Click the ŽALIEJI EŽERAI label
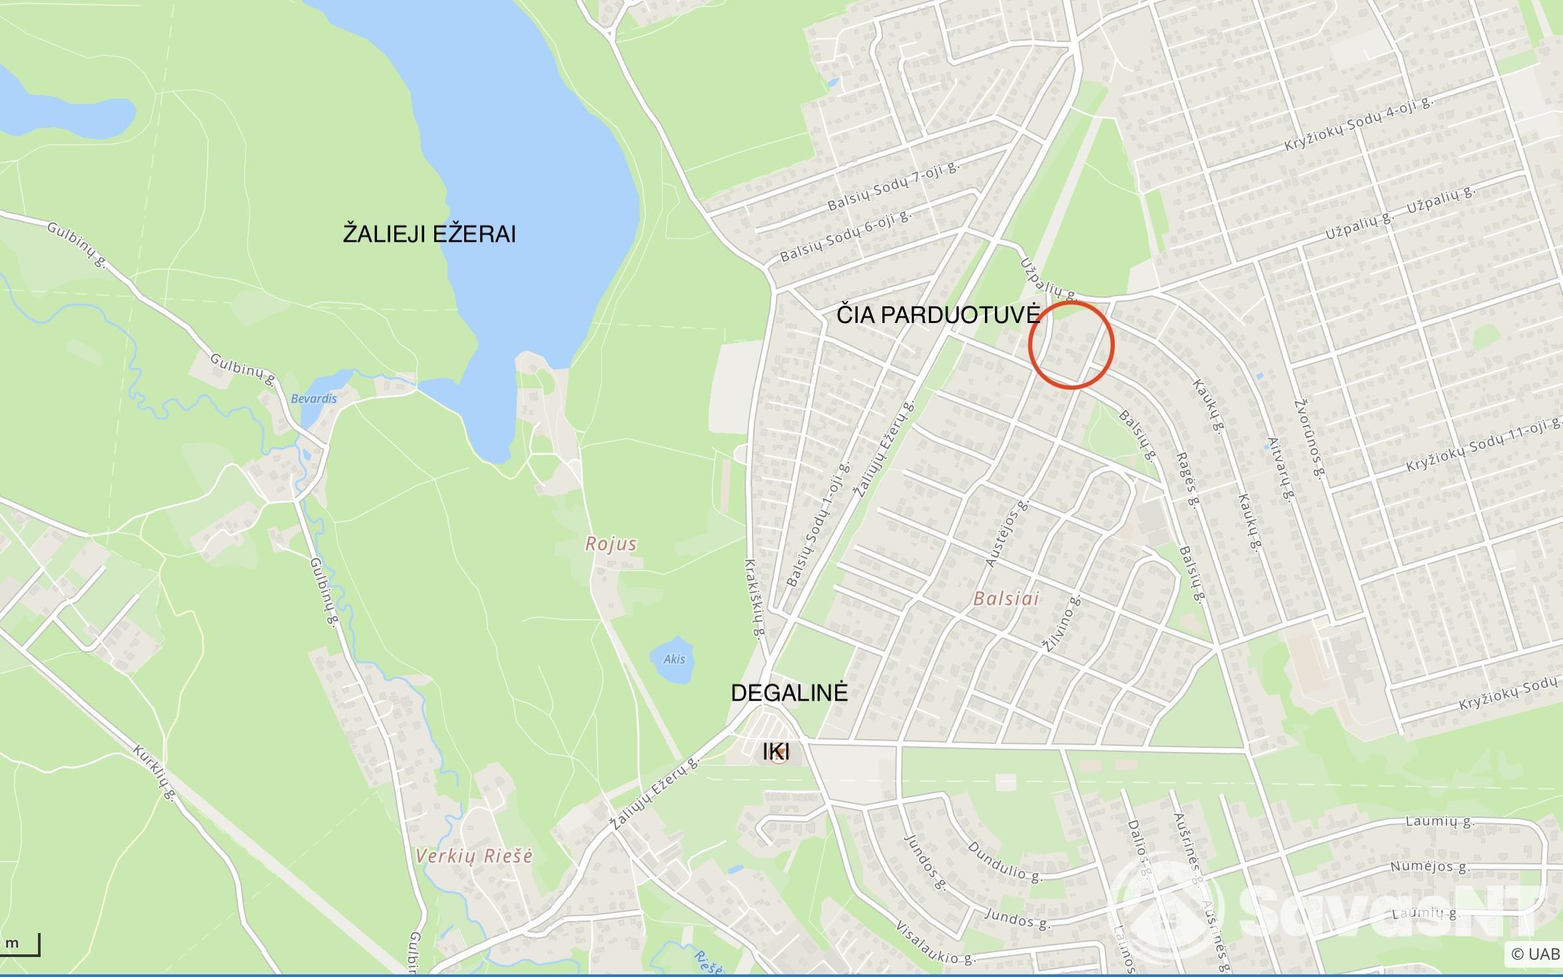(x=429, y=234)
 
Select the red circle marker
(x=1071, y=345)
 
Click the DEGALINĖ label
(x=789, y=693)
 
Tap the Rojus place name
(x=611, y=544)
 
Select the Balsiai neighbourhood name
(x=1006, y=598)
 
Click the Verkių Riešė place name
(x=473, y=856)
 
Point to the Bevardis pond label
(x=314, y=399)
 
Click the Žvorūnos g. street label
(x=1308, y=439)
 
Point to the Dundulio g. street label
(x=1004, y=862)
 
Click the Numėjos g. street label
(x=1420, y=867)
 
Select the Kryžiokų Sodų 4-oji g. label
(x=1359, y=124)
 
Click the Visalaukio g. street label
(x=935, y=943)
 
